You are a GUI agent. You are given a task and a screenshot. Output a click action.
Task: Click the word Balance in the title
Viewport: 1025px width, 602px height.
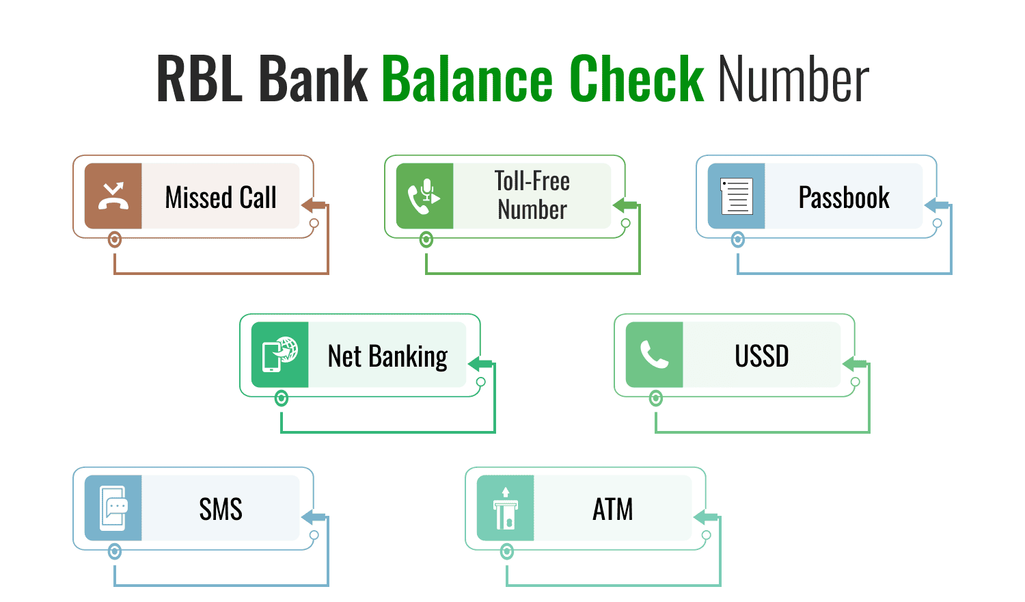467,79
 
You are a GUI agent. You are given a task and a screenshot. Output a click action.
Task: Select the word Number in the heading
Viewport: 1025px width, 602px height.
793,79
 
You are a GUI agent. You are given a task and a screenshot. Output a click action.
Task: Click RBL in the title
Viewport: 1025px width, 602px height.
200,79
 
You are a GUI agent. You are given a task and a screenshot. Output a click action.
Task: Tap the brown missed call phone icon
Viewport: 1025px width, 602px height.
113,196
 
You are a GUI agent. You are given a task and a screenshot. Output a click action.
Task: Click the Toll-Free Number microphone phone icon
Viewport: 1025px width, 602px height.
424,196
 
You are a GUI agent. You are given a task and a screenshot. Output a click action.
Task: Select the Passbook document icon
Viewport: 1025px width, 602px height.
736,196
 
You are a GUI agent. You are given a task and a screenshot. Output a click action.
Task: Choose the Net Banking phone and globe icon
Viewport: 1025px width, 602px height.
279,354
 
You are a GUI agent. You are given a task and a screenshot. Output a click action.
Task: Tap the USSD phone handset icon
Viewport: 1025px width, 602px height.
655,354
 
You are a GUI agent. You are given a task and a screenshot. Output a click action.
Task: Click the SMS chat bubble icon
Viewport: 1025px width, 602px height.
113,508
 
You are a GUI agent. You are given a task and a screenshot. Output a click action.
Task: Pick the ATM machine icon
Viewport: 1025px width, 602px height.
505,508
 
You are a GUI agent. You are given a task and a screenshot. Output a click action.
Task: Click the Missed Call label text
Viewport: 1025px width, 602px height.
221,198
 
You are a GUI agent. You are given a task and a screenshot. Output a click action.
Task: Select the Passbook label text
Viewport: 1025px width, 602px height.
844,198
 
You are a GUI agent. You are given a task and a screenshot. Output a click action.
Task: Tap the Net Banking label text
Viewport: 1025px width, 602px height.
388,356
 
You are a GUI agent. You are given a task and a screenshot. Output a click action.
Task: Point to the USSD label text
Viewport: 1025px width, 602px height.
762,356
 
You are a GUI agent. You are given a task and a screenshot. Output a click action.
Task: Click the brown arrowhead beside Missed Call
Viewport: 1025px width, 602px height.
313,205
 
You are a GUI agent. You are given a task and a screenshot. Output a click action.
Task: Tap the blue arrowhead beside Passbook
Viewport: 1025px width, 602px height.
936,205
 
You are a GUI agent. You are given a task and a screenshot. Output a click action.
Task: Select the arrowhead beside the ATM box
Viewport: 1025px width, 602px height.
705,517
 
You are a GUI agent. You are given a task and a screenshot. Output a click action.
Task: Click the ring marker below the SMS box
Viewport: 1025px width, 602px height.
115,551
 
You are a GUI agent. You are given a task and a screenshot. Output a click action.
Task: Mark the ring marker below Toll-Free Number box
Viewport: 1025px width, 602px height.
426,239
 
